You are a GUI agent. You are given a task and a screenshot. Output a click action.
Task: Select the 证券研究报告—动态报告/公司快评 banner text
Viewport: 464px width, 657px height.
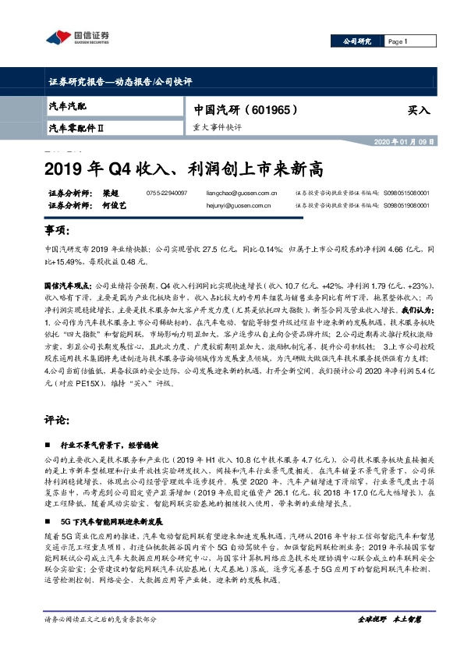120,82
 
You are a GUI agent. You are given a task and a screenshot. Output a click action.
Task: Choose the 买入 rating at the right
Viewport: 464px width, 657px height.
418,110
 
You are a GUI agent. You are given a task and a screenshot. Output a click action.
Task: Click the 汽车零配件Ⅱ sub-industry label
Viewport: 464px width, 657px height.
76,126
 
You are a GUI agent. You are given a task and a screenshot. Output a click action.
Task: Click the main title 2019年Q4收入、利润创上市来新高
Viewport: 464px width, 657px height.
182,168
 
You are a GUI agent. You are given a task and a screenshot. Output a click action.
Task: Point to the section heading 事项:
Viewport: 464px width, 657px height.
58,231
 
